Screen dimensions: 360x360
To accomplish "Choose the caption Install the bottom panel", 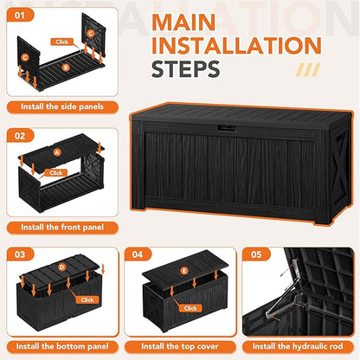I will click(x=61, y=347).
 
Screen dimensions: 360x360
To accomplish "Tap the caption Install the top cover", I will click(x=180, y=347).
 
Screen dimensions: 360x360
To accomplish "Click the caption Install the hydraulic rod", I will click(x=299, y=347).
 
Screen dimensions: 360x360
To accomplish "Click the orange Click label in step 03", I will click(x=87, y=299).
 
